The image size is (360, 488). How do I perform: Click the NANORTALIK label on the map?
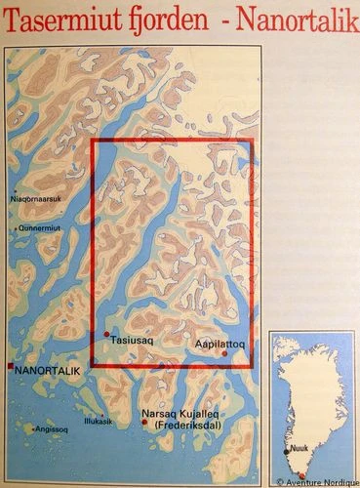49,371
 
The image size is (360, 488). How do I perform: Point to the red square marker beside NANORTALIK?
10,368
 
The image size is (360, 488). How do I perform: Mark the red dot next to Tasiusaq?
106,335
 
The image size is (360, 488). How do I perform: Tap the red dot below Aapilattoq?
225,353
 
